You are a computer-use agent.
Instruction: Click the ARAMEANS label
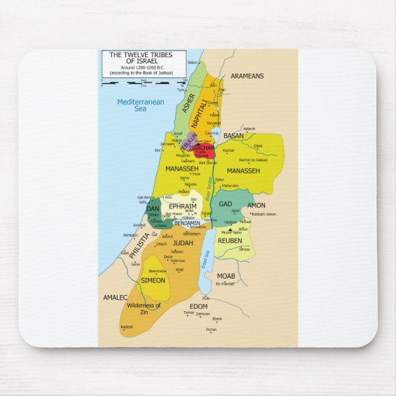tap(247, 76)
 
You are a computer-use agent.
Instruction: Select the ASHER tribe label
tap(189, 103)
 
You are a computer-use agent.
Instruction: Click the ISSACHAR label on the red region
tap(202, 148)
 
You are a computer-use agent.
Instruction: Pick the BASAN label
tap(233, 136)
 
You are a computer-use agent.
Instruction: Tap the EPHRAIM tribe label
tap(182, 207)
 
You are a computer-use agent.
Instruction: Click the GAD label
tap(226, 204)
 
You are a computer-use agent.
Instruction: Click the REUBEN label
tap(229, 240)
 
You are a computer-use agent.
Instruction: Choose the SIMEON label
tap(153, 280)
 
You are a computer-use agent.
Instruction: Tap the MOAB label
tap(226, 276)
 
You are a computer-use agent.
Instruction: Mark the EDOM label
tap(199, 306)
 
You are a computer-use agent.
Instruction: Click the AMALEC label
tap(115, 297)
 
